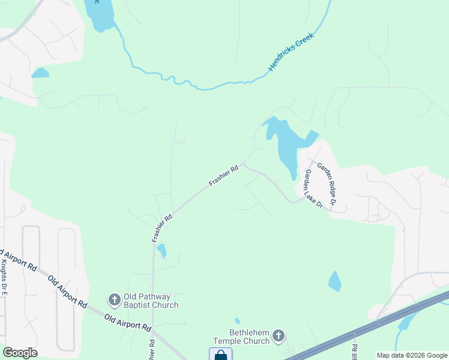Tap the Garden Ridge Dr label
pos(327,186)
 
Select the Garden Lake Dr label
pos(313,188)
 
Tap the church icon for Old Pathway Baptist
pos(114,299)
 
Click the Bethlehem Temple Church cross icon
pos(279,336)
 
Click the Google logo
pos(20,353)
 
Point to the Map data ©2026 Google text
pos(412,355)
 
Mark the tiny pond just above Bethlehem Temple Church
pos(237,321)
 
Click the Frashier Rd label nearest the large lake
pos(224,175)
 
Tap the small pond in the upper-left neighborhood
pos(40,73)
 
